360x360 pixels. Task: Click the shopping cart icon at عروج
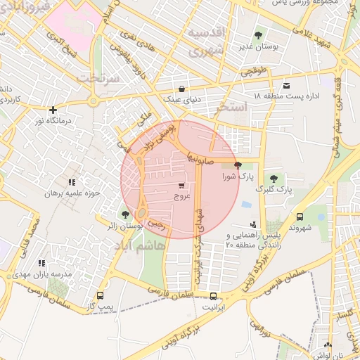182,186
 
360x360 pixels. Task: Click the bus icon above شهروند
300,217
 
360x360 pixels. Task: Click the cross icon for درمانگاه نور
53,110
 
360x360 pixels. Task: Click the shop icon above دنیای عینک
182,89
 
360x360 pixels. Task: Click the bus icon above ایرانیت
213,296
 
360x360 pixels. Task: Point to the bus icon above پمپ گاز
100,296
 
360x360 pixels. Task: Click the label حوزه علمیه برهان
75,193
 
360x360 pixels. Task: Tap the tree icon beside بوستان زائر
125,214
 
